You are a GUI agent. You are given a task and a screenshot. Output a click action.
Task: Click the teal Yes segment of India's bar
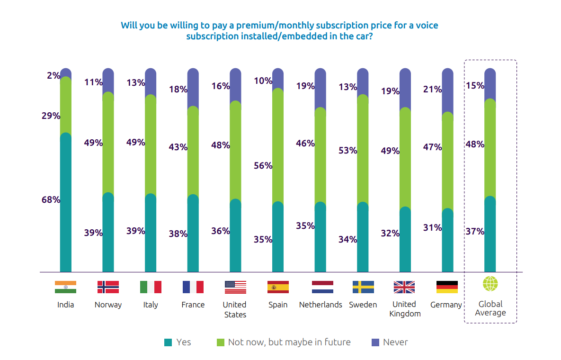(65, 204)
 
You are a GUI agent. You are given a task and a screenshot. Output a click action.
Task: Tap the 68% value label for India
(51, 200)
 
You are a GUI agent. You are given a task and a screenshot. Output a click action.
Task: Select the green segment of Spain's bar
(278, 147)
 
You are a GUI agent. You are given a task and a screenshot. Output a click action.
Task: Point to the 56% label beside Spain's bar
(263, 166)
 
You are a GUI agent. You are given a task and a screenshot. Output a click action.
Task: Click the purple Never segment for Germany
(447, 92)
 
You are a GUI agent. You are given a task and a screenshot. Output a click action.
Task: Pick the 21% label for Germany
(432, 89)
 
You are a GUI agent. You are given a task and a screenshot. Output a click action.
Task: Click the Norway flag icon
(108, 287)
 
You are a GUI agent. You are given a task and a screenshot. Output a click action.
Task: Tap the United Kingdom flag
(404, 287)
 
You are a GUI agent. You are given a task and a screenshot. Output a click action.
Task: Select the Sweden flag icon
(363, 287)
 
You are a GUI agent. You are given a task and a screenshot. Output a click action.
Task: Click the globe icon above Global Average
(490, 284)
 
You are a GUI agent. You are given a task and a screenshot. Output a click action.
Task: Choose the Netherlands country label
(321, 305)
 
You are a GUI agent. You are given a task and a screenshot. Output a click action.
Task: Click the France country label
(193, 305)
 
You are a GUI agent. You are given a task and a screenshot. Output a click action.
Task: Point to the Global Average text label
(490, 308)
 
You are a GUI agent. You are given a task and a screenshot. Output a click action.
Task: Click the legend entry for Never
(395, 342)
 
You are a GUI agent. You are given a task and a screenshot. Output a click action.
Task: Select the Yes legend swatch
(168, 342)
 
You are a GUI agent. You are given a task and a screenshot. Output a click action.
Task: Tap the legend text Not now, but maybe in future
(289, 342)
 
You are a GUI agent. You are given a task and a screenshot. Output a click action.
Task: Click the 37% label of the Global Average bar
(475, 232)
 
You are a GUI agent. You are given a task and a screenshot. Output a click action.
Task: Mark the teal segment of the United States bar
(235, 237)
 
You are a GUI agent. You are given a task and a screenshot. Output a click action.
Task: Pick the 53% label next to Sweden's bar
(347, 151)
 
